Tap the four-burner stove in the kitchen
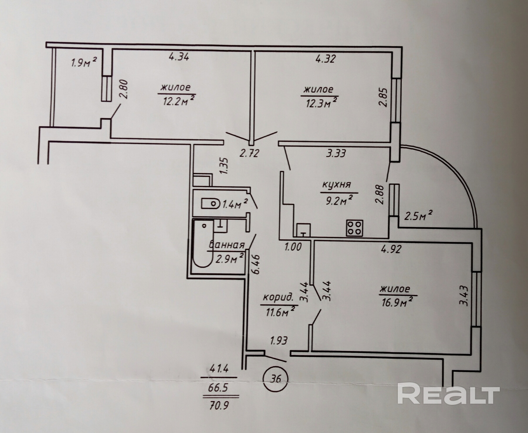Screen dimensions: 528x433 point(354,228)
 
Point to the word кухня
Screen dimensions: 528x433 point(336,185)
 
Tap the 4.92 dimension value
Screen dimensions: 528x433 point(391,249)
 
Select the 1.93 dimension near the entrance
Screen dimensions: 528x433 point(278,341)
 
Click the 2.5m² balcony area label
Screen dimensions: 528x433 point(418,217)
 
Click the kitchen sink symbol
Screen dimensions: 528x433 point(304,230)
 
